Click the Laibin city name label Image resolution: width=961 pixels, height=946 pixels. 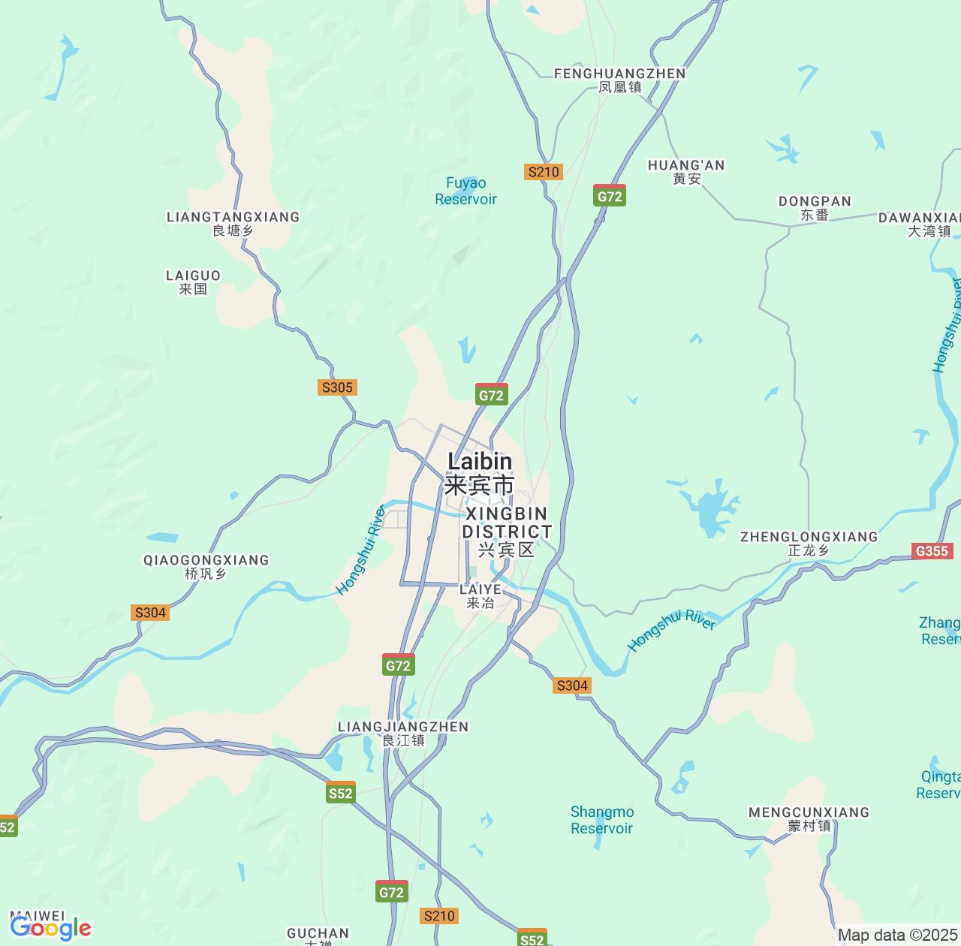click(480, 472)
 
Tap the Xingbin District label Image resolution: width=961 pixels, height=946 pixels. click(507, 531)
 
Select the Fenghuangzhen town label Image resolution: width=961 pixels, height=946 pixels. click(619, 80)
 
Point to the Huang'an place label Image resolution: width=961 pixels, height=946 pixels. click(686, 171)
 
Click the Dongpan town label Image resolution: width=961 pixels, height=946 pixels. click(815, 207)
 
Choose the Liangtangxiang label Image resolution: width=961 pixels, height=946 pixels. click(233, 223)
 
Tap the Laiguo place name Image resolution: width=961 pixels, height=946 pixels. click(193, 282)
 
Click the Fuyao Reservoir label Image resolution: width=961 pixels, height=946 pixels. click(465, 191)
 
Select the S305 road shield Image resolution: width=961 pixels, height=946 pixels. click(336, 387)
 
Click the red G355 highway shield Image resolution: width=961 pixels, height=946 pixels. click(932, 551)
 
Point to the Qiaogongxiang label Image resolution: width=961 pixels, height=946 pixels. click(206, 566)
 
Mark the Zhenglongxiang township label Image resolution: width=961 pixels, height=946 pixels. click(809, 543)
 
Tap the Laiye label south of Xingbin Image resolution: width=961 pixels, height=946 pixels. click(480, 595)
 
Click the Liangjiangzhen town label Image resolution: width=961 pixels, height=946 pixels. click(403, 733)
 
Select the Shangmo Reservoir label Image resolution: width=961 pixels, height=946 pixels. click(602, 820)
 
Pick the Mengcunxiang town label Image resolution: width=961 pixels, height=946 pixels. click(809, 818)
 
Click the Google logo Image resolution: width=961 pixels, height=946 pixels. click(50, 929)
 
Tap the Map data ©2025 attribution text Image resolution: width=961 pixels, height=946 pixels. click(897, 935)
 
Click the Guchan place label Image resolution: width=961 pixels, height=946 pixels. click(318, 935)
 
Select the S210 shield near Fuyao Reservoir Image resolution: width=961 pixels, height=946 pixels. click(544, 172)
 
